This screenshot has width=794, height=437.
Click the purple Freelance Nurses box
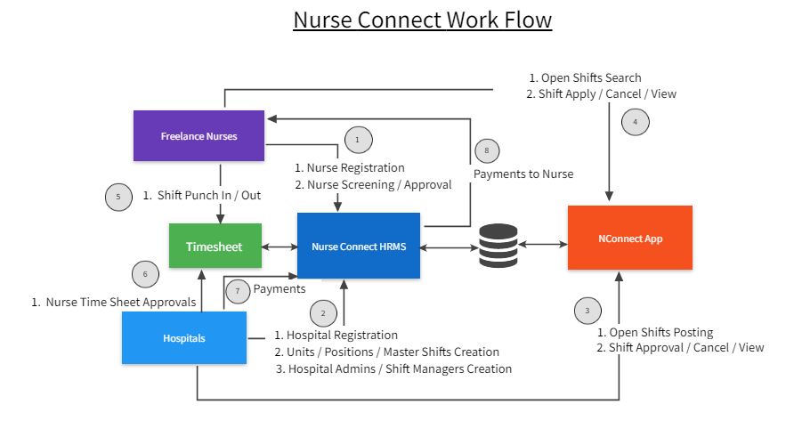198,136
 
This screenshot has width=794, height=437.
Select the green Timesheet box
216,246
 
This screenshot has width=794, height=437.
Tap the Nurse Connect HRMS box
359,246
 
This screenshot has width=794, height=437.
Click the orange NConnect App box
629,238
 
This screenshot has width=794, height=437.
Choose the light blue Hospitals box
184,338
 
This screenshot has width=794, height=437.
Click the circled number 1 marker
357,140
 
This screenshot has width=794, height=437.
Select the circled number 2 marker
323,312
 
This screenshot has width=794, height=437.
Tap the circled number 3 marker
587,312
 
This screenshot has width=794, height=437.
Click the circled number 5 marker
118,197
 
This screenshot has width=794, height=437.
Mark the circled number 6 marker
145,274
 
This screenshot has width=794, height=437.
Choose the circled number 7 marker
236,290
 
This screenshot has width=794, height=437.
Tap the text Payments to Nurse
523,174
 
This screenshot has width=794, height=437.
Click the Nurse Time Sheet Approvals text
113,303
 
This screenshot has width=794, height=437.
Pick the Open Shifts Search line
584,77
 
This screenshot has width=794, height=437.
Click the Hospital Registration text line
336,336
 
